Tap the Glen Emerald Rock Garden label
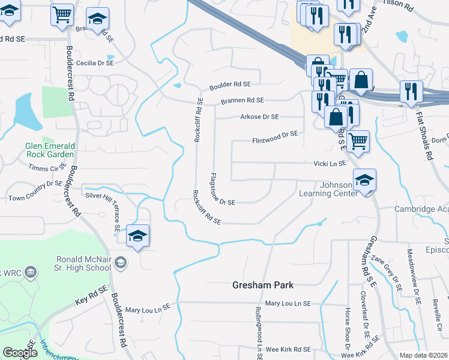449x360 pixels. point(50,150)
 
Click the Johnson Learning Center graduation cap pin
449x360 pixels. point(364,179)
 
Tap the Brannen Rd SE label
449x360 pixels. point(242,101)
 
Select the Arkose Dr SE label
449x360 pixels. point(259,116)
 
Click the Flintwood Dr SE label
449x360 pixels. point(274,134)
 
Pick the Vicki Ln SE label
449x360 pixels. point(330,163)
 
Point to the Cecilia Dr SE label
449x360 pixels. point(94,62)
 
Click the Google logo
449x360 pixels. point(19,353)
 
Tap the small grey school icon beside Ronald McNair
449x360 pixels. point(121,262)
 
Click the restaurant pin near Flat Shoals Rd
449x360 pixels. point(411,91)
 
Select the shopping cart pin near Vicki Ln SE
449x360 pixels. point(358,141)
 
